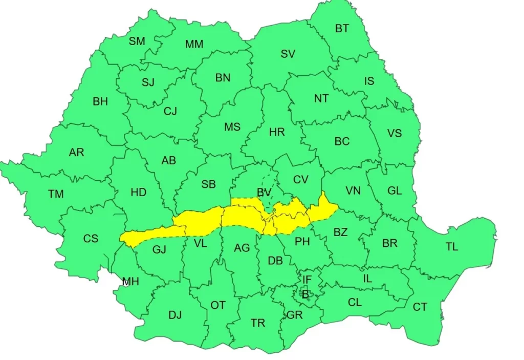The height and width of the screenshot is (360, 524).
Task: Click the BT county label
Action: coord(342,29)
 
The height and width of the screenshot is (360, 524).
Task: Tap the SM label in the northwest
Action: coord(137,41)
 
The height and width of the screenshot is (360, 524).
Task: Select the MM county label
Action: coord(194,45)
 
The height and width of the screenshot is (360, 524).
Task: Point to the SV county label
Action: coord(288,54)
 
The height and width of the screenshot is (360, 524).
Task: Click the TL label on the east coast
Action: coord(451,247)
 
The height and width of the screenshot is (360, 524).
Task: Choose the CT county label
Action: coord(420,307)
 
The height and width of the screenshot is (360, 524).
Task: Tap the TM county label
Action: coord(56,194)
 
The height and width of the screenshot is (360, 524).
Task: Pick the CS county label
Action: coord(91,239)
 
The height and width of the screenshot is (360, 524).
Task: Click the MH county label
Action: coord(130,281)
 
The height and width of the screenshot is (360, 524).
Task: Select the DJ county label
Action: coord(175,315)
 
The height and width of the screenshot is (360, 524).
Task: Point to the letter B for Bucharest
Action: coord(305,294)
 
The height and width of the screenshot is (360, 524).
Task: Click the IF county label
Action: coord(307,280)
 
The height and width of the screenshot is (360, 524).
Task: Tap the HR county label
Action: coord(277,133)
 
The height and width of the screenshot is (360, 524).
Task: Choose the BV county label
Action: coord(264,192)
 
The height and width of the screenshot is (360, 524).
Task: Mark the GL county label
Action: coord(394,191)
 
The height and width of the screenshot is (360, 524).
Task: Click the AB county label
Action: coord(168,161)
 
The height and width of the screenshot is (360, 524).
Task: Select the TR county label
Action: coord(258,323)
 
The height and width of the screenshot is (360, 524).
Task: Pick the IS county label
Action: coord(369,81)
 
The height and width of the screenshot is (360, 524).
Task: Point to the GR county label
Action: coord(295,315)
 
